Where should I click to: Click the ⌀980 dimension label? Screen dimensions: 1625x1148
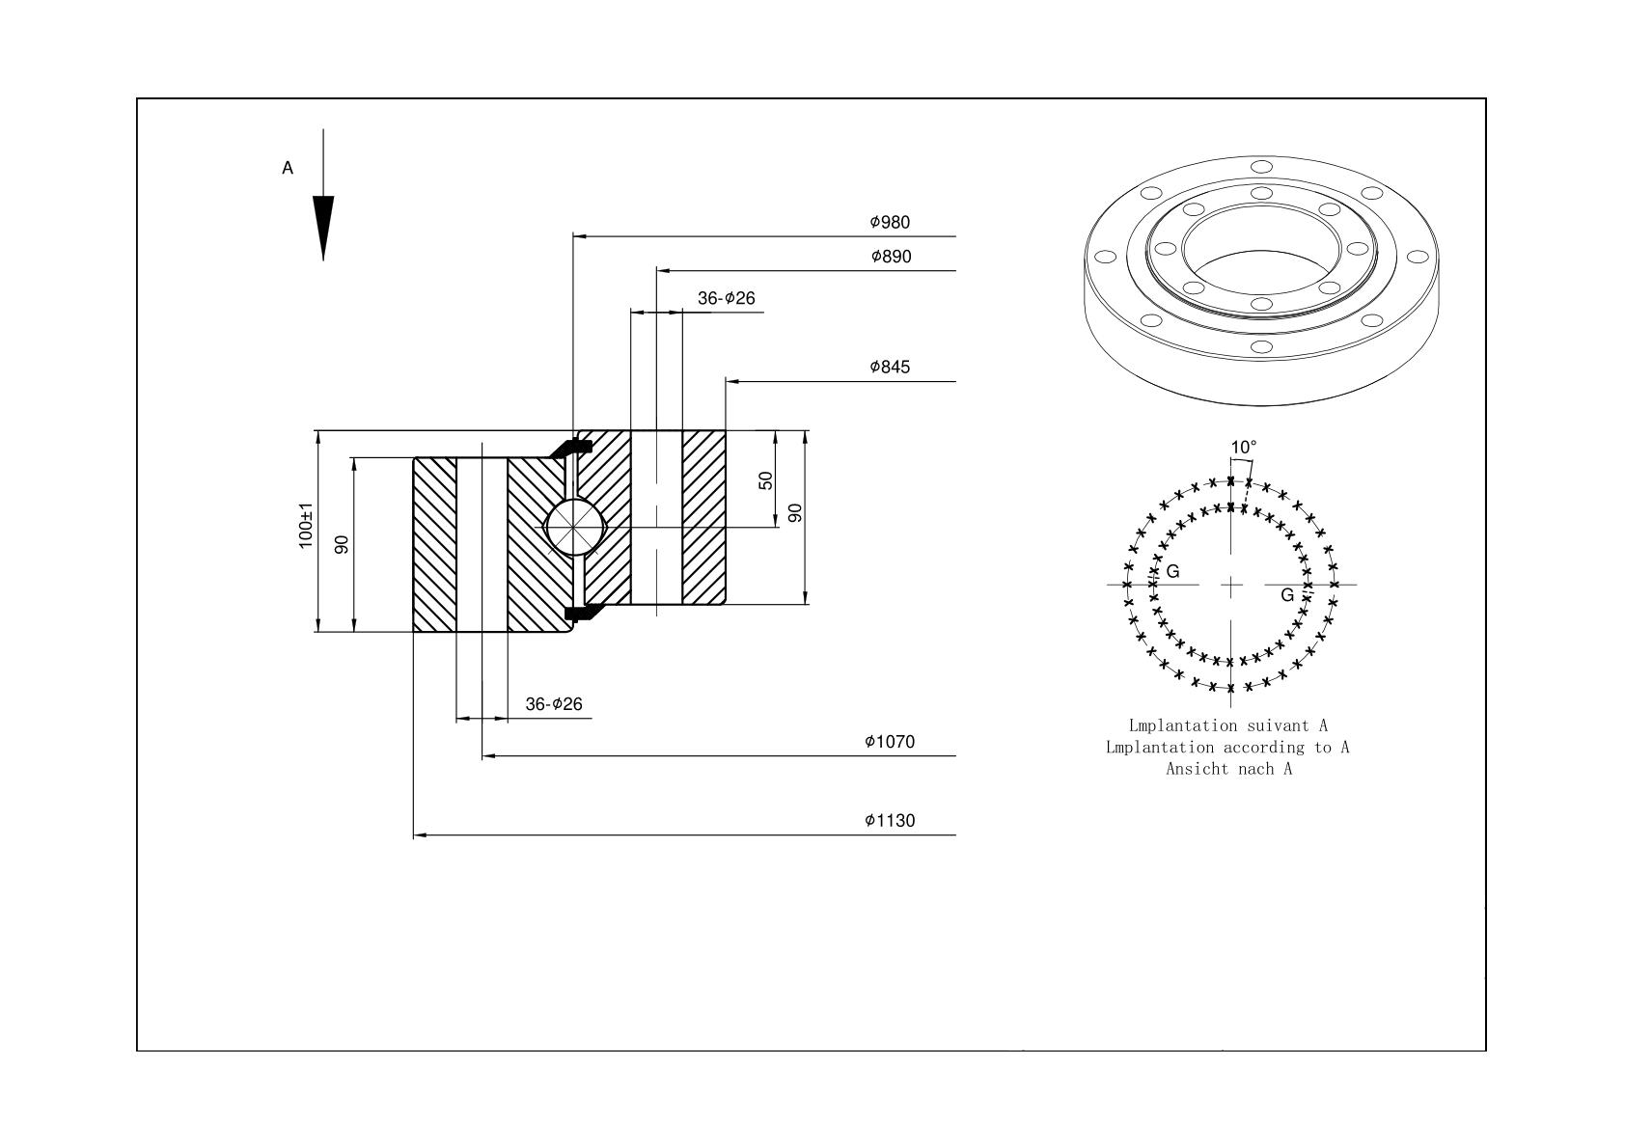point(890,222)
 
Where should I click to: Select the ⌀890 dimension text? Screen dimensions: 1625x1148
point(891,256)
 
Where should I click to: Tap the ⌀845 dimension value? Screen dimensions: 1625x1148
point(890,367)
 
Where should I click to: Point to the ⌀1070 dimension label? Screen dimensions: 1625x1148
point(890,741)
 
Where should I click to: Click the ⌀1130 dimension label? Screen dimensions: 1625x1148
point(890,820)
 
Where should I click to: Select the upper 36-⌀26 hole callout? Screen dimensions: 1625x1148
point(727,298)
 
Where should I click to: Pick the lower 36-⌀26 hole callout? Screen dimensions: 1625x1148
point(554,704)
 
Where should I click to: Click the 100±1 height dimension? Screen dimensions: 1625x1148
point(306,525)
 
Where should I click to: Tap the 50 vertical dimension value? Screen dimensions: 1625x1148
point(765,480)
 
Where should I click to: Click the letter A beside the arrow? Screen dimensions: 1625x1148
point(288,168)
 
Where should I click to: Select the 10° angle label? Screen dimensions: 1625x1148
point(1244,447)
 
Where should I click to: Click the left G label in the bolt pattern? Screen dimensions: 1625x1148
point(1172,571)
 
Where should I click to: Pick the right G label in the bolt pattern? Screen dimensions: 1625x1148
point(1287,595)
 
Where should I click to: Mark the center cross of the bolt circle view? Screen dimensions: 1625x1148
point(1231,585)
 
